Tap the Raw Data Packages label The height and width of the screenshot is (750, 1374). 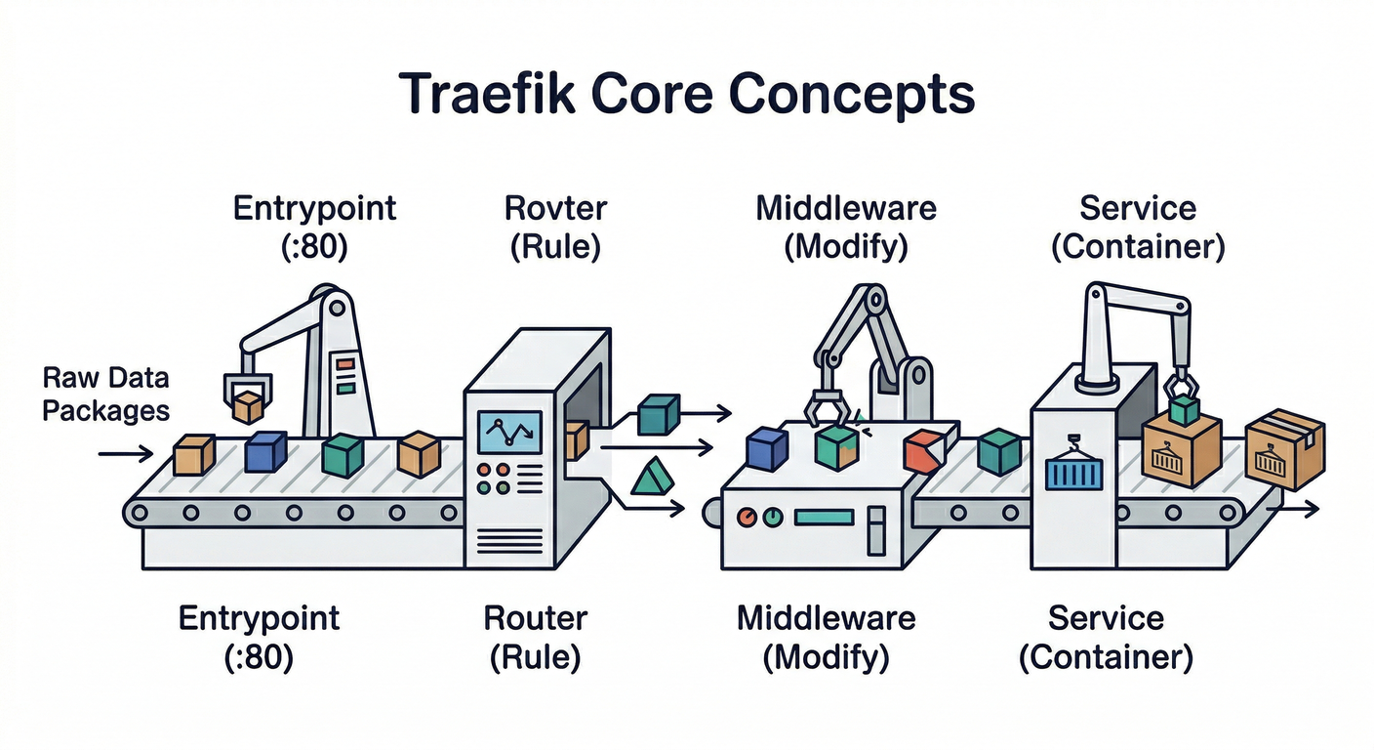pyautogui.click(x=105, y=394)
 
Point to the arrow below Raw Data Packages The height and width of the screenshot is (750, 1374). pyautogui.click(x=125, y=453)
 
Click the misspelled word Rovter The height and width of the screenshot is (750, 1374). pyautogui.click(x=555, y=208)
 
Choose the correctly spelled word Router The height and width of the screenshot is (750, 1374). pyautogui.click(x=535, y=618)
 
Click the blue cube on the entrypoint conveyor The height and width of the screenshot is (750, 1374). pyautogui.click(x=264, y=452)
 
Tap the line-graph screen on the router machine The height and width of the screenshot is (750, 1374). pyautogui.click(x=507, y=431)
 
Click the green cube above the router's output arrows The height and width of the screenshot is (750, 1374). pyautogui.click(x=658, y=414)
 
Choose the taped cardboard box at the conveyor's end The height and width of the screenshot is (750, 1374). pyautogui.click(x=1285, y=449)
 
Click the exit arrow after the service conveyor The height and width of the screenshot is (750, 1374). pyautogui.click(x=1300, y=510)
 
